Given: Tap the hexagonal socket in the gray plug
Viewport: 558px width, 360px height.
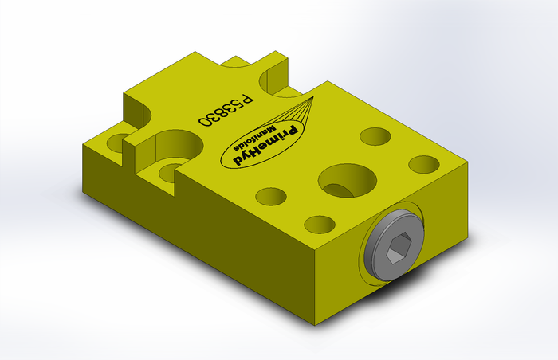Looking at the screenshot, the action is pyautogui.click(x=399, y=248).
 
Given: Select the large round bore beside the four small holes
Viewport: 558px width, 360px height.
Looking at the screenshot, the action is pyautogui.click(x=348, y=181).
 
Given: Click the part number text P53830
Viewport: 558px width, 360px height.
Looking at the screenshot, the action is pyautogui.click(x=226, y=110).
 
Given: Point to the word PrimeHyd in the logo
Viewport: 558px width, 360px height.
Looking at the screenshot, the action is pyautogui.click(x=265, y=145).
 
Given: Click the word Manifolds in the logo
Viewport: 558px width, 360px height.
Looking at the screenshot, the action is pyautogui.click(x=255, y=138).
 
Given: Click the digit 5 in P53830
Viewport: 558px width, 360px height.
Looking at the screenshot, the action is pyautogui.click(x=238, y=104).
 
